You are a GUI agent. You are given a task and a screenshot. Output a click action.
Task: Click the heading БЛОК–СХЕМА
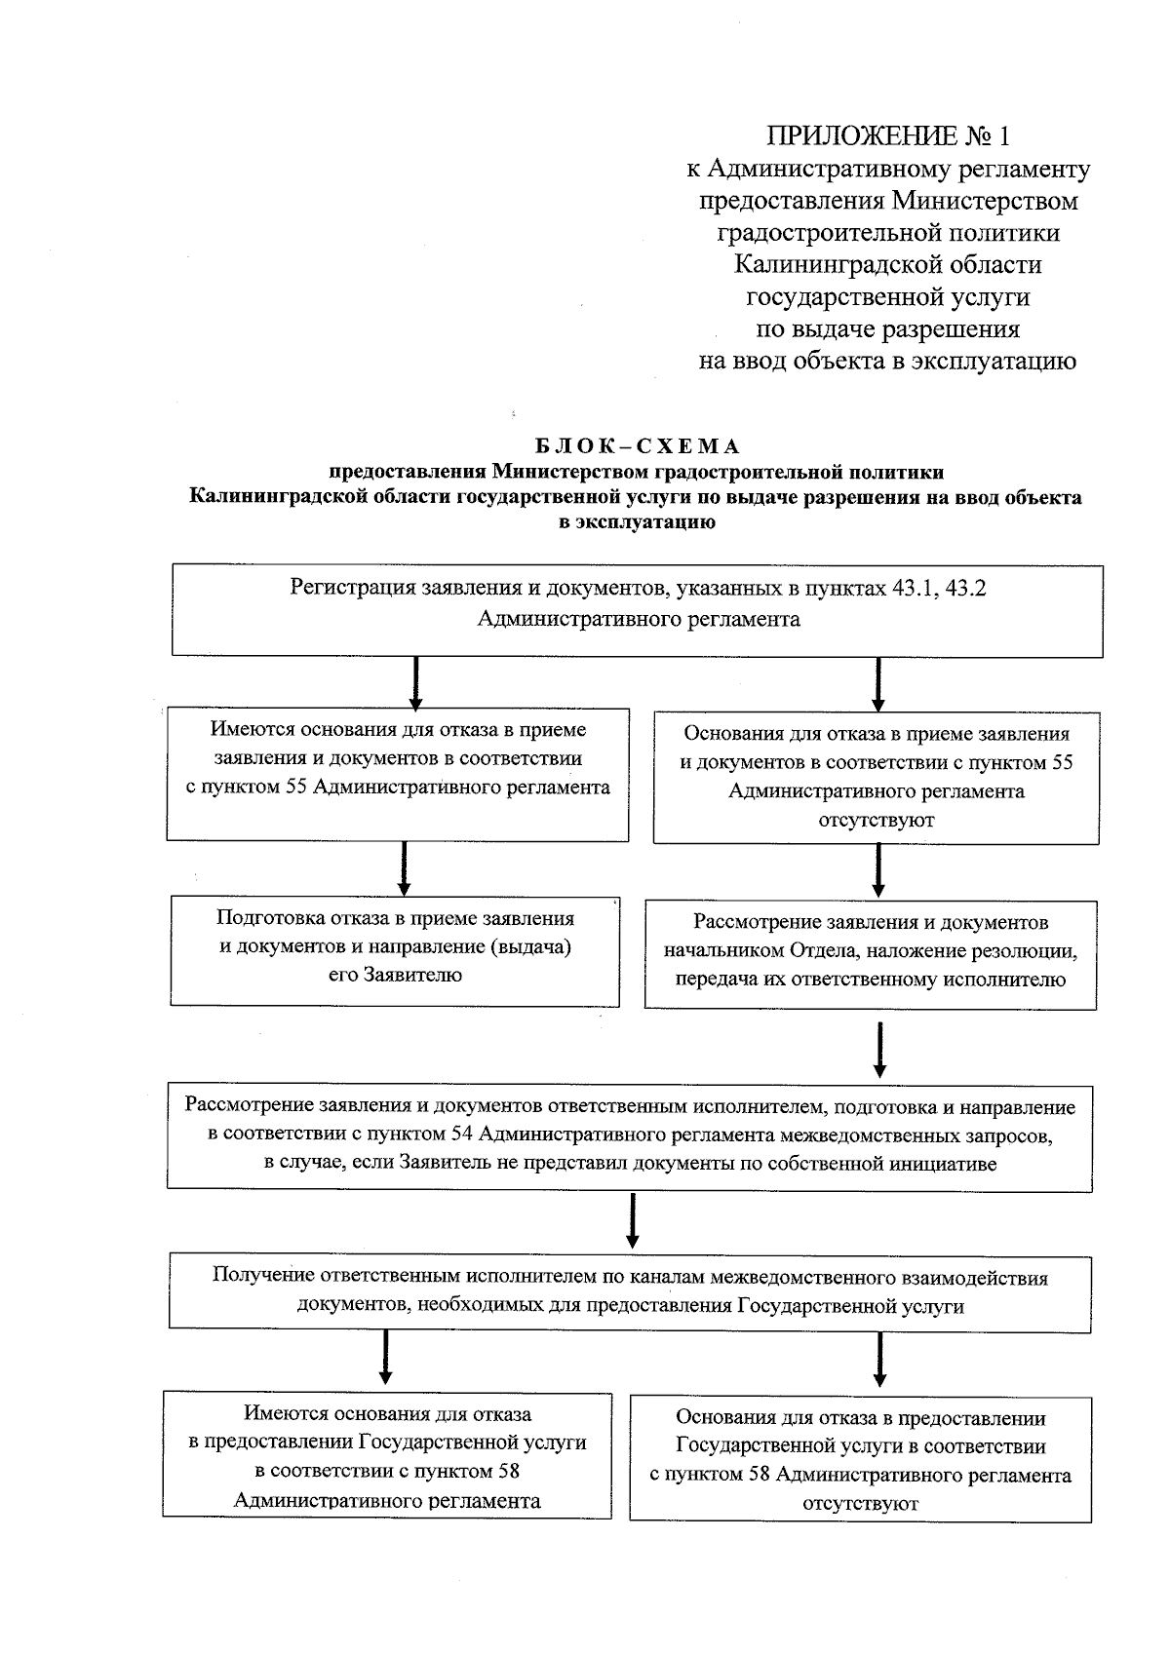click(x=639, y=446)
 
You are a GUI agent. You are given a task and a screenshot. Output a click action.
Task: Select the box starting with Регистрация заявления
click(x=638, y=610)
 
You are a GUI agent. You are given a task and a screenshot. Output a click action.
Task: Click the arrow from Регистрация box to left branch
click(x=416, y=681)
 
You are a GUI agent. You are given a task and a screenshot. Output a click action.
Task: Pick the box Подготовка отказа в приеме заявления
click(x=395, y=950)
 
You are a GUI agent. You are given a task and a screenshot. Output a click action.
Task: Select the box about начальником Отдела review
click(x=870, y=953)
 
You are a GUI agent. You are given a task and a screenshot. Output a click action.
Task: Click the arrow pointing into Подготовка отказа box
click(x=404, y=867)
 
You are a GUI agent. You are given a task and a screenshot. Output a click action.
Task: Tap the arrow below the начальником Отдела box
click(x=880, y=1048)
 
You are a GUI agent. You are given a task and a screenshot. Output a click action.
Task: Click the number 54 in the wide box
click(x=463, y=1135)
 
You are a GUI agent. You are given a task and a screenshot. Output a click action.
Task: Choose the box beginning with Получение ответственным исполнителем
click(x=630, y=1291)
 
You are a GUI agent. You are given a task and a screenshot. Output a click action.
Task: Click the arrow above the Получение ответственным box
click(x=633, y=1219)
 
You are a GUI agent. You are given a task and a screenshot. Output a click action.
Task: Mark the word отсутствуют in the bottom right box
click(x=860, y=1503)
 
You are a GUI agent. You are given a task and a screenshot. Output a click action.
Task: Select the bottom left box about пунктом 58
click(x=387, y=1455)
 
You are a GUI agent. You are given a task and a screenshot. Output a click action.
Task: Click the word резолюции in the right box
click(x=1029, y=950)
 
